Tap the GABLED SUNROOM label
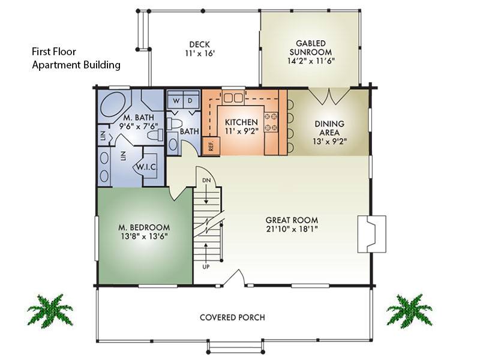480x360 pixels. (310, 44)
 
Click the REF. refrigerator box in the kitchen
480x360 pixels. (211, 145)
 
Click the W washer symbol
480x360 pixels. (176, 101)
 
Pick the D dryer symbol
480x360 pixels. (189, 101)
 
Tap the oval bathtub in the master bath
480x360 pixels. (112, 104)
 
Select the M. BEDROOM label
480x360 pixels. (143, 228)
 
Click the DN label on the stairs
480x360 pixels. (206, 179)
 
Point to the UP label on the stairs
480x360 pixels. (206, 266)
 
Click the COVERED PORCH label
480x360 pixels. (232, 317)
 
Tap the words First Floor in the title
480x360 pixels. (55, 52)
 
